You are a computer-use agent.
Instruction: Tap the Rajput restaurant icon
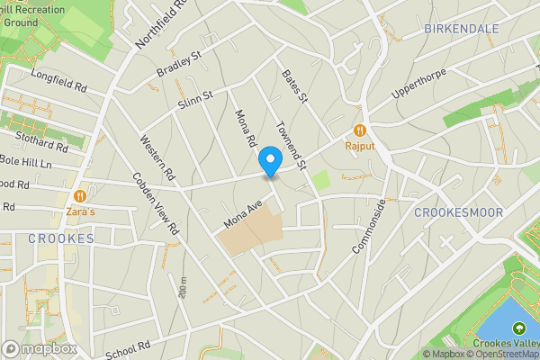pos(360,130)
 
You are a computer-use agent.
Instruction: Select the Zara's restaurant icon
pos(81,195)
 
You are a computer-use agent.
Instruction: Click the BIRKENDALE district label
pos(461,30)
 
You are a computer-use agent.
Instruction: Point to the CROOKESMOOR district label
pos(459,212)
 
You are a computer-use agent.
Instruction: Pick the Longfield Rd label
pos(58,82)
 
